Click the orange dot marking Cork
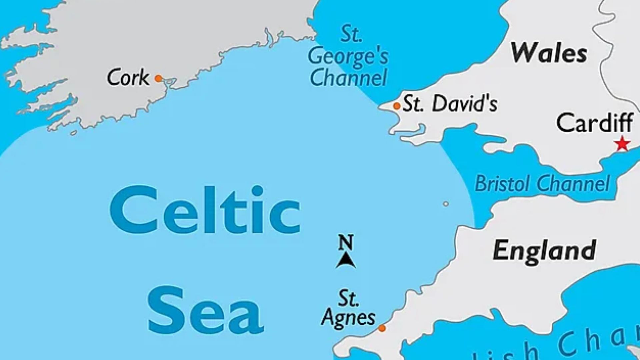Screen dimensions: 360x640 click(158, 79)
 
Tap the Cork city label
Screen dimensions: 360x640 click(128, 78)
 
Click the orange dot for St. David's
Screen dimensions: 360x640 click(397, 106)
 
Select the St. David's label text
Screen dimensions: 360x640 click(450, 104)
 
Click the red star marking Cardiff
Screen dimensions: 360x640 click(622, 145)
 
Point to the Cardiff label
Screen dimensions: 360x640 click(595, 123)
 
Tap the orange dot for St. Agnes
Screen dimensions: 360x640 click(382, 328)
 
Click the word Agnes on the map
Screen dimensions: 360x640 click(348, 317)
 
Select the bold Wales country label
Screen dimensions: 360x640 click(549, 53)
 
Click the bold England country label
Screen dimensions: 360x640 click(544, 250)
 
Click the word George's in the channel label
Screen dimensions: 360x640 click(348, 57)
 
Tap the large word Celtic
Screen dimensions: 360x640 click(205, 210)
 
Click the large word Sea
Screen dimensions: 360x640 click(206, 311)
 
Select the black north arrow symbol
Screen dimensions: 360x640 click(346, 260)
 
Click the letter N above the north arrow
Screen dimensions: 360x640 click(346, 242)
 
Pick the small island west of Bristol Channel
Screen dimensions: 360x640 click(446, 204)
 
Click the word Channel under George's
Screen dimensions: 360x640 click(348, 78)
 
